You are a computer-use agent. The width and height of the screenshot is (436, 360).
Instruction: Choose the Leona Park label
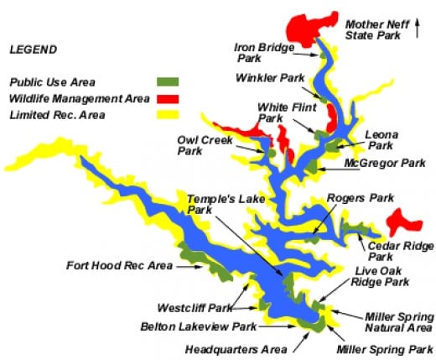[382, 138]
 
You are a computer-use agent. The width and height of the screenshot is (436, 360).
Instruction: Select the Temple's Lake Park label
[215, 204]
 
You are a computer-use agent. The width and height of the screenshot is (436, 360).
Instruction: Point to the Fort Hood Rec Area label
[119, 266]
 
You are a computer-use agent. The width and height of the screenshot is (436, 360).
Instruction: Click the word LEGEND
[34, 50]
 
